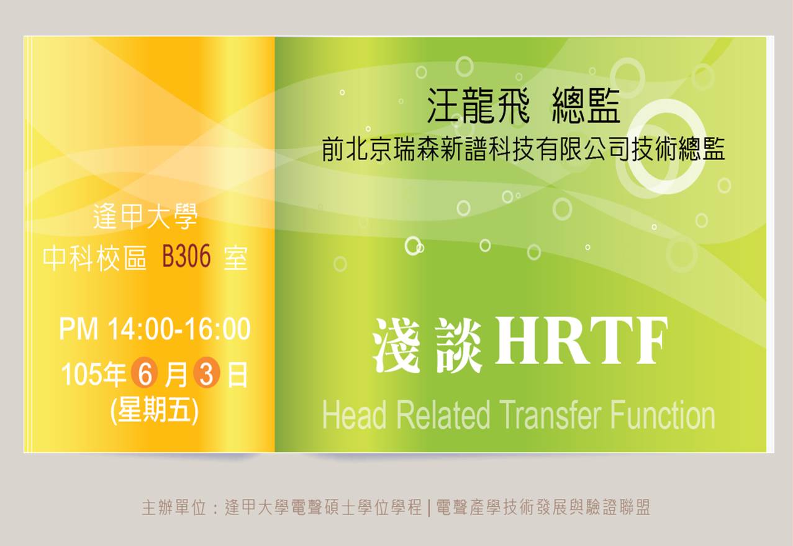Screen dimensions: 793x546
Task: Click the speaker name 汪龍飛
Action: point(478,105)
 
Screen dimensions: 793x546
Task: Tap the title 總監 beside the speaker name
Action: point(586,105)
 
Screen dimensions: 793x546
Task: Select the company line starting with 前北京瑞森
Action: point(523,150)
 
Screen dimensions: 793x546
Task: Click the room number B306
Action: point(186,256)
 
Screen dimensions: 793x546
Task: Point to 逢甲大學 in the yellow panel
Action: point(145,217)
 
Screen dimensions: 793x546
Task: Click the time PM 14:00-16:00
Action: point(155,329)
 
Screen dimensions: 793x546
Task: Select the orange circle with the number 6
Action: point(145,375)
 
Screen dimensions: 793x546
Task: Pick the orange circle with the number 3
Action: point(207,375)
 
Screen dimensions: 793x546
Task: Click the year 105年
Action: point(94,375)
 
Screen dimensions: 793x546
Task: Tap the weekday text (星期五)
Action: point(155,411)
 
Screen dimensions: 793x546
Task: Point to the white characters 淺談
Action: point(427,346)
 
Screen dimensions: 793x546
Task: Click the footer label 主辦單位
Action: point(174,508)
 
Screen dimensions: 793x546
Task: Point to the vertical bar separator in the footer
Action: point(430,508)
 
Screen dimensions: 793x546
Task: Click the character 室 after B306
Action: point(236,257)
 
